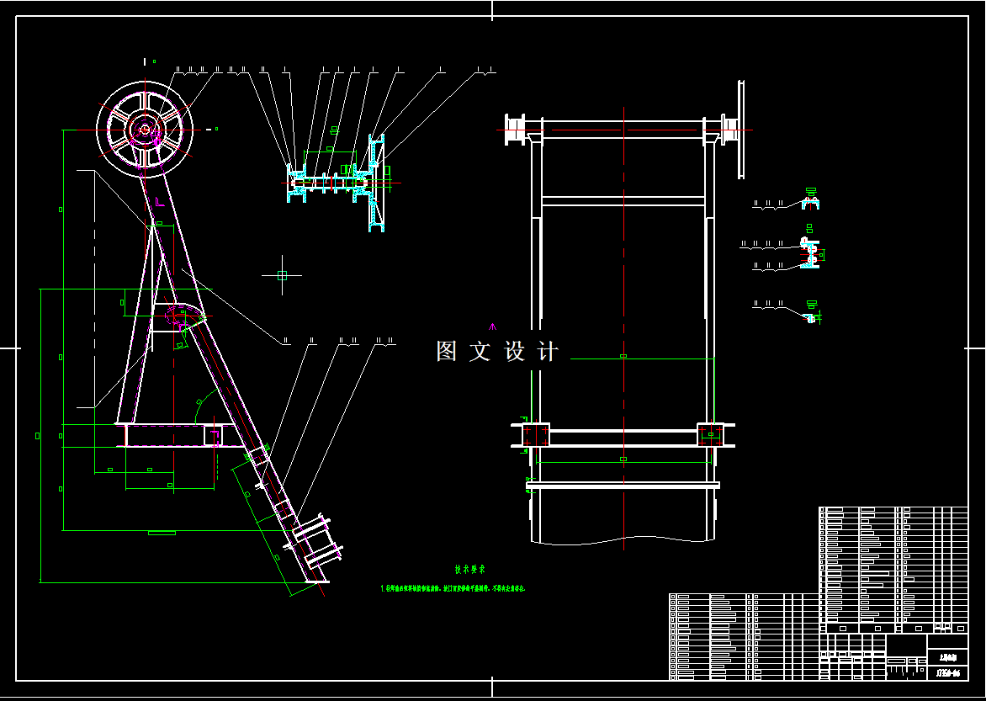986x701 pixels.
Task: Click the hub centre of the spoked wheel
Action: (x=145, y=130)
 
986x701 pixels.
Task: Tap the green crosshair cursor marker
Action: (x=282, y=275)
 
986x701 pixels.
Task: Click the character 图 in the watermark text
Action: (x=447, y=352)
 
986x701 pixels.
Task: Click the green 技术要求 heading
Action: (x=469, y=569)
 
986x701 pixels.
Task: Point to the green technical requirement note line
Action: (x=453, y=589)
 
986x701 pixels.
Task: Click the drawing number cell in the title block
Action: (x=947, y=672)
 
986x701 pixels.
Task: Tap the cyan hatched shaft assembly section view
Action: (x=337, y=181)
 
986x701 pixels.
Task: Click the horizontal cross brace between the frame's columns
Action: (x=623, y=201)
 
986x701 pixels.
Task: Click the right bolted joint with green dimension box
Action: (x=710, y=435)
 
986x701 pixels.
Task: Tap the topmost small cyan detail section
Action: (x=811, y=202)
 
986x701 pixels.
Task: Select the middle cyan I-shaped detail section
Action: (x=810, y=253)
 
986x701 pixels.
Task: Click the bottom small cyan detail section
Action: (x=811, y=316)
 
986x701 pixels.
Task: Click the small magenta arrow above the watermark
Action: (x=493, y=326)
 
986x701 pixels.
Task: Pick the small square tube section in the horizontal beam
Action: (x=213, y=436)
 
